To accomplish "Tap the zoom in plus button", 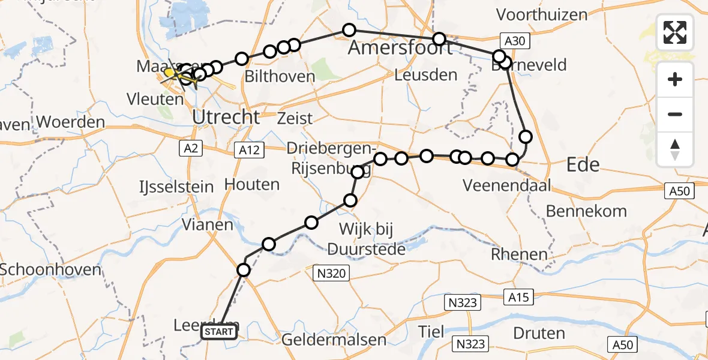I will (x=675, y=80).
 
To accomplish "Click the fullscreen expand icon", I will (x=675, y=32).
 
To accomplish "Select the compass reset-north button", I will (x=675, y=149).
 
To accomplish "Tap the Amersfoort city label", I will (x=400, y=48).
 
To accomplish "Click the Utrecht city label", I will (x=226, y=116).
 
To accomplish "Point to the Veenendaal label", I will (x=506, y=186).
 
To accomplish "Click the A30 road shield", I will (x=514, y=41).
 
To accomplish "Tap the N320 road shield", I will (x=331, y=274).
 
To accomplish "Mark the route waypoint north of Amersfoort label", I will (x=349, y=29).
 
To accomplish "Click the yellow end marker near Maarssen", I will (x=170, y=73).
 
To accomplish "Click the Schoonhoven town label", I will (x=50, y=269).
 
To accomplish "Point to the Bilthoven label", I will (x=280, y=76).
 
